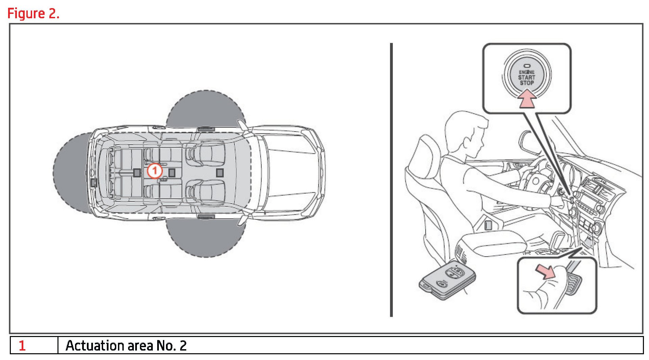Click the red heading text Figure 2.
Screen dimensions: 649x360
pos(33,14)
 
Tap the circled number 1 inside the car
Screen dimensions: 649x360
pos(155,171)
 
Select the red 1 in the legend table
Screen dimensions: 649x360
pos(22,345)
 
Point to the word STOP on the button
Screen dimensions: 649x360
pos(527,83)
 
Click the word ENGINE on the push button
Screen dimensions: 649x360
pos(527,72)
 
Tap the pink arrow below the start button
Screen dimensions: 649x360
pos(527,99)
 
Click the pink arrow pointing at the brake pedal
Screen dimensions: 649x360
pos(545,271)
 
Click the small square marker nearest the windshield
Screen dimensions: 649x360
pos(220,173)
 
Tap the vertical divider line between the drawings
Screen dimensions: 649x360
pos(391,180)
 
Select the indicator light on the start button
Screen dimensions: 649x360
pos(527,66)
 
